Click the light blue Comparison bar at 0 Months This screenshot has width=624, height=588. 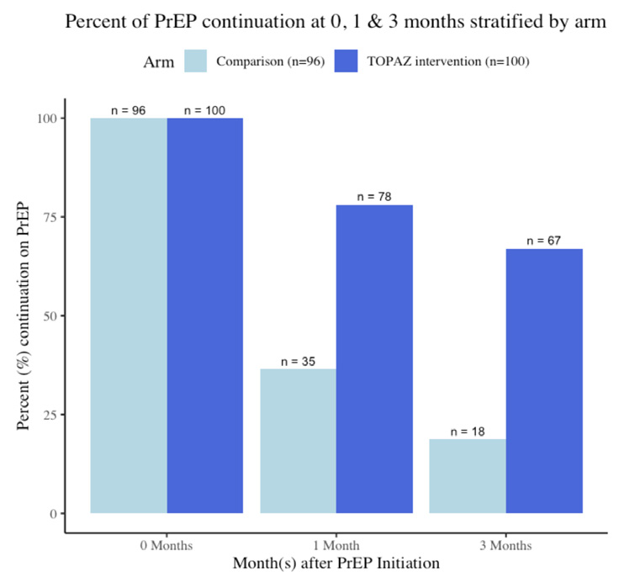pos(129,315)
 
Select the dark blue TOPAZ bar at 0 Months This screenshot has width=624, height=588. pos(205,315)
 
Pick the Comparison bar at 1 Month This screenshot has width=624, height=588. pos(298,441)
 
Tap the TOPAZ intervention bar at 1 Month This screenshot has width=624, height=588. pos(374,359)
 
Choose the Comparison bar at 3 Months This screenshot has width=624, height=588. pos(468,476)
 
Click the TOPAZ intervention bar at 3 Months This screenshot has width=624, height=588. pos(544,381)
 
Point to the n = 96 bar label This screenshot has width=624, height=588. pos(128,110)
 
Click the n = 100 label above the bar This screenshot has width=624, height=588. pos(204,110)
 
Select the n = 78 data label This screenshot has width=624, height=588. pos(374,197)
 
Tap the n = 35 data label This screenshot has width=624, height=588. pos(298,362)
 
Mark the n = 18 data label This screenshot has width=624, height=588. pos(468,432)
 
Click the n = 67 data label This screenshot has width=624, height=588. pos(543,241)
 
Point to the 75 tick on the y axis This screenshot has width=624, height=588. pos(50,217)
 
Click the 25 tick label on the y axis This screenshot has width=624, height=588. pos(50,415)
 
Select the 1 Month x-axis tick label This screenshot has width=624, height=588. pos(336,545)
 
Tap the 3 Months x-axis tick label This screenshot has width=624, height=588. pos(505,545)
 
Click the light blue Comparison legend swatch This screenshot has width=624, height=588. pos(195,61)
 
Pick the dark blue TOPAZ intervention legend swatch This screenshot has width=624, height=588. pos(346,61)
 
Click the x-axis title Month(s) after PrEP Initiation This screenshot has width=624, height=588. pos(336,564)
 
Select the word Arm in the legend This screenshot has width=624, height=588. pos(159,62)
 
